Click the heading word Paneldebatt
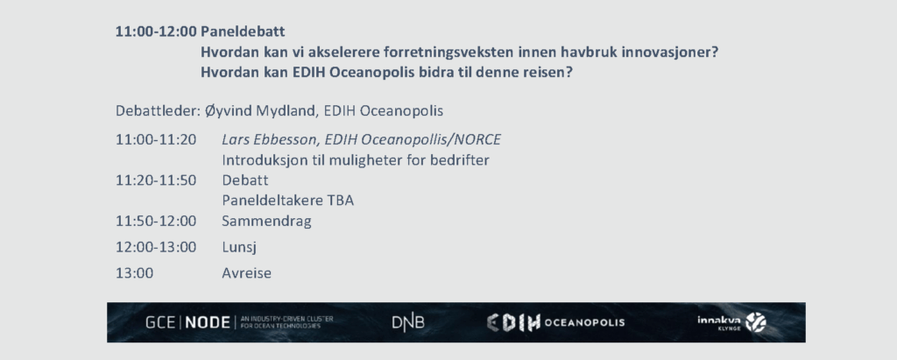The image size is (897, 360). point(243,32)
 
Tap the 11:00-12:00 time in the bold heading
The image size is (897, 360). point(156,32)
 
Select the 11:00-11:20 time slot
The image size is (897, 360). point(156,139)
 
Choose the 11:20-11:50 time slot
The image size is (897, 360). point(156,180)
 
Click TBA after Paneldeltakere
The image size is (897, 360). point(341,201)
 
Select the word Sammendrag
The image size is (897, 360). point(266,222)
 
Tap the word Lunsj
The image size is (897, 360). point(239,248)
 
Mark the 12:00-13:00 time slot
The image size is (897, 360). point(156,247)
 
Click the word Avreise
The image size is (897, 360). point(246,273)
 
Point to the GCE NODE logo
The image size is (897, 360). point(239,322)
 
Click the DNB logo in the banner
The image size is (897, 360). point(408,323)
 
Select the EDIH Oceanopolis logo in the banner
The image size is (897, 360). point(555,323)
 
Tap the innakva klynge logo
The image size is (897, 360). point(731,323)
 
